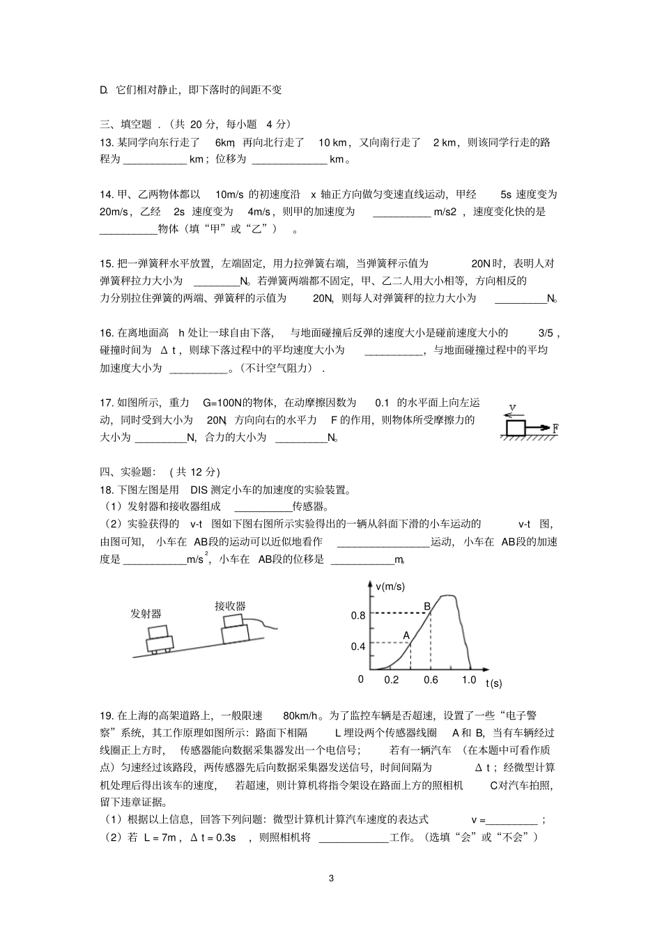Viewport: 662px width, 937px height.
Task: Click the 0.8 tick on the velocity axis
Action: pos(357,616)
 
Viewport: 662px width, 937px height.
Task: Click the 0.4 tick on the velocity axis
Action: pos(357,646)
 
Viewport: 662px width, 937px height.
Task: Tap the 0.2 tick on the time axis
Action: pos(392,680)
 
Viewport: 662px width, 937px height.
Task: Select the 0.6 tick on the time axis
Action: pos(431,680)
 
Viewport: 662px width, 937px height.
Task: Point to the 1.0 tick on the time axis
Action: pos(468,680)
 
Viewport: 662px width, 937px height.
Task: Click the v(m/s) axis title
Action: pos(390,587)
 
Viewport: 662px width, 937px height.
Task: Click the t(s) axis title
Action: pos(493,683)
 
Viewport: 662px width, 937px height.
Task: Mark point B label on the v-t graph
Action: pos(427,607)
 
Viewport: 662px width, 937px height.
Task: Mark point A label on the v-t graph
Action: pos(407,635)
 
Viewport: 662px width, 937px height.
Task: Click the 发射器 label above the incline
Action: pos(146,614)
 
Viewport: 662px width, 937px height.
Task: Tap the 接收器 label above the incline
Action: pos(230,606)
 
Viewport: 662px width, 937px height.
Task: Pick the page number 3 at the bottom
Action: pos(331,878)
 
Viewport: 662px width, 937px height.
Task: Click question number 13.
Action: pos(107,142)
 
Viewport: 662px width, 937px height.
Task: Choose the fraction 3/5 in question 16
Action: pos(548,333)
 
